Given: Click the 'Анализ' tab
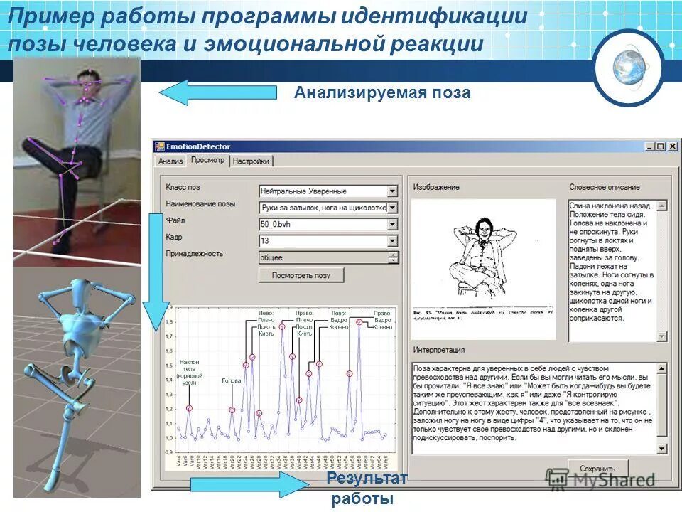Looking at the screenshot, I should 170,161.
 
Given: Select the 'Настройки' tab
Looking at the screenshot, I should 251,161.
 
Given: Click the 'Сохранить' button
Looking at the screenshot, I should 597,469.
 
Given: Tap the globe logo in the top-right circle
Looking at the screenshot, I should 628,67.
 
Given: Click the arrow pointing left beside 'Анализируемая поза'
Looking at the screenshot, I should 217,92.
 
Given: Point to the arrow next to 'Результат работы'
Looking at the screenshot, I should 247,484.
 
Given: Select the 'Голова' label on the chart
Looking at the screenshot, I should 232,381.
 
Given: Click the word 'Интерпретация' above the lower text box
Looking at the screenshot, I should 439,350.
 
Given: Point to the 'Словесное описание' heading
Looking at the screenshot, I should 604,187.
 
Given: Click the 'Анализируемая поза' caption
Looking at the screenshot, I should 382,92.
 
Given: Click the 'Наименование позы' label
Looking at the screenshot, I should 200,204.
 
